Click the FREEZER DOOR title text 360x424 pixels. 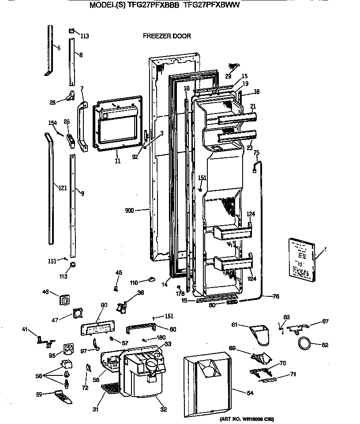click(x=167, y=36)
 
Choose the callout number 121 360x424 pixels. click(x=63, y=188)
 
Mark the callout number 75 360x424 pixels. click(x=256, y=152)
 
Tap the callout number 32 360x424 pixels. click(x=164, y=409)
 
